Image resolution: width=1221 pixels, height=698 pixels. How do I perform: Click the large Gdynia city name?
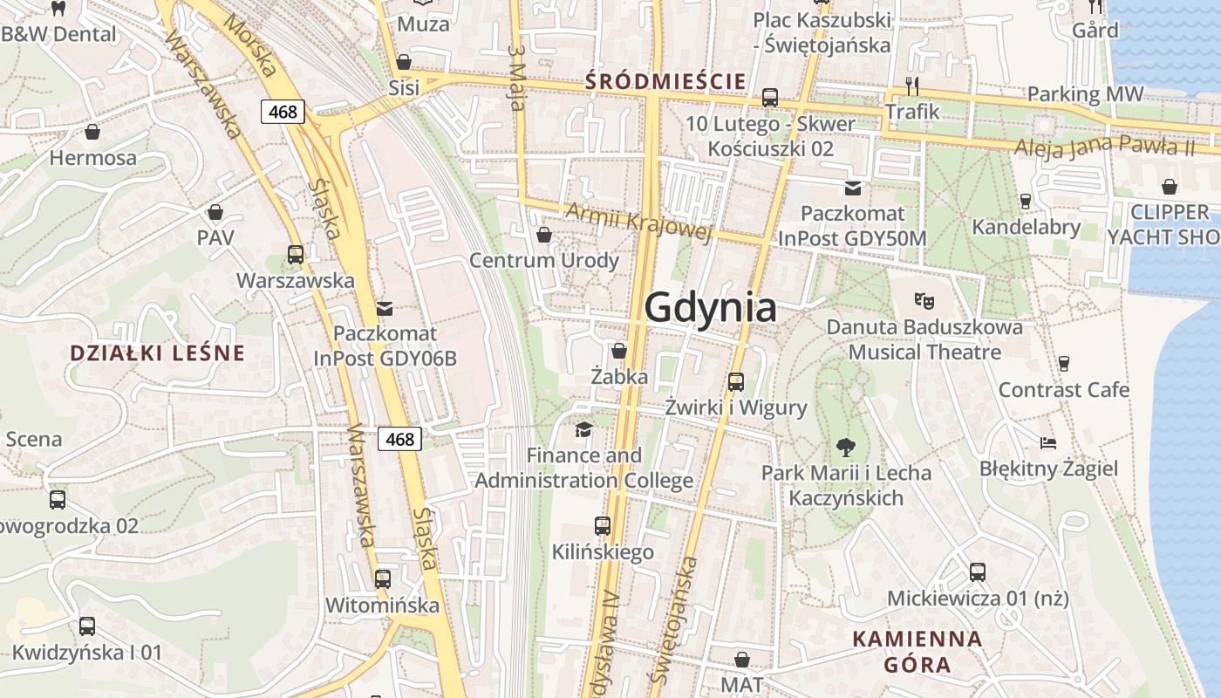710,308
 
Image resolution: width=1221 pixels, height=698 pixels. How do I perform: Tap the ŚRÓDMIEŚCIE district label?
665,82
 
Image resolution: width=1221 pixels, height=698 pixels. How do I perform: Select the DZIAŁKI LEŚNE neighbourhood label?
157,353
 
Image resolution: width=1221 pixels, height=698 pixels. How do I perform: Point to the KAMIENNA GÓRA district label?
917,651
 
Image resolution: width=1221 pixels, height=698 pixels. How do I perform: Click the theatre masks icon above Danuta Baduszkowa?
924,301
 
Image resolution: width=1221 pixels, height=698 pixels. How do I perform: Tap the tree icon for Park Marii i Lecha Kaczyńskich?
845,448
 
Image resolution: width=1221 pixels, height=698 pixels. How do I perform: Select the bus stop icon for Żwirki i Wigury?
736,381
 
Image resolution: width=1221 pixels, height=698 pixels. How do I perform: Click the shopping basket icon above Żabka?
619,351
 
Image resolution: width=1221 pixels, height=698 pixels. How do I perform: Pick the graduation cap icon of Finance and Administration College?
583,429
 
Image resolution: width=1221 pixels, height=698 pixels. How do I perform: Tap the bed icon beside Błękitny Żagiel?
1048,443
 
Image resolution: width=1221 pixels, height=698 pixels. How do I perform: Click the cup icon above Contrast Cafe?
1063,364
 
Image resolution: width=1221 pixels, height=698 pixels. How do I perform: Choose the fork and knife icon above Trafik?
912,86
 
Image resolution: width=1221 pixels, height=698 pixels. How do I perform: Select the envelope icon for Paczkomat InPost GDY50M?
852,188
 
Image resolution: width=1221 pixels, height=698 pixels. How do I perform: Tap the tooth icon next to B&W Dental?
58,9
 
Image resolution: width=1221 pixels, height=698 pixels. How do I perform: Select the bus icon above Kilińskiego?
603,526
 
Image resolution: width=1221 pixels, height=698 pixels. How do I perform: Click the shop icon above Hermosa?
92,133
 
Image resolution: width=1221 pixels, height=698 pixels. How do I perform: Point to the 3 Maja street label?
516,79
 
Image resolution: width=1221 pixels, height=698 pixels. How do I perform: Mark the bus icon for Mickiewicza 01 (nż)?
978,572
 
